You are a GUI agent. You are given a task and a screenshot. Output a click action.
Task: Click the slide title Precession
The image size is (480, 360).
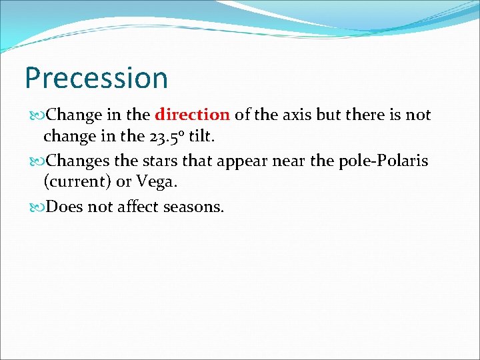pos(96,78)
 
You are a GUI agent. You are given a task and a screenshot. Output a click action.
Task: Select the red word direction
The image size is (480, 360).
pos(192,115)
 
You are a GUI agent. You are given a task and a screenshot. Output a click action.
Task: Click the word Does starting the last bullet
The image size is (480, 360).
pos(65,207)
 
